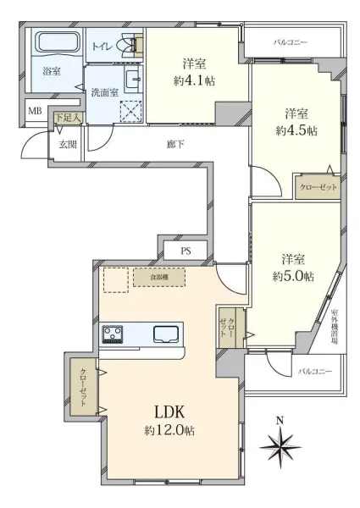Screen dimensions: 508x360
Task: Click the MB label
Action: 35,111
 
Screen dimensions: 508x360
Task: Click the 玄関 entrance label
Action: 67,143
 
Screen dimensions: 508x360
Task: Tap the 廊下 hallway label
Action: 176,143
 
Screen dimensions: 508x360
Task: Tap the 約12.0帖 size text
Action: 169,431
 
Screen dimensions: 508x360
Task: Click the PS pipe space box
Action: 186,251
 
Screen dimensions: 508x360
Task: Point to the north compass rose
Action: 280,444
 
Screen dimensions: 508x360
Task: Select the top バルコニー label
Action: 291,41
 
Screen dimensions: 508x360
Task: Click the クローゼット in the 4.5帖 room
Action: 318,187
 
